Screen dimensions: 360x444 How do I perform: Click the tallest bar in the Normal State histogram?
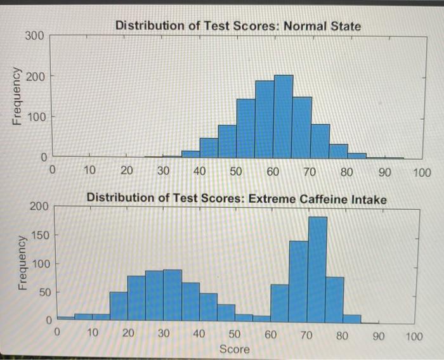283,117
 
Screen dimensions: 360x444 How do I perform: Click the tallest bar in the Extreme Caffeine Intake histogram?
317,269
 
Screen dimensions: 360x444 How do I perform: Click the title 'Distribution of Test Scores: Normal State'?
238,27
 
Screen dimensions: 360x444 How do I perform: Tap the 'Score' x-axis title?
234,349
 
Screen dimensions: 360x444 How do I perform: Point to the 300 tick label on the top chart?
35,36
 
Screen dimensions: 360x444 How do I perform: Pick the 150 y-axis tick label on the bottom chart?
38,235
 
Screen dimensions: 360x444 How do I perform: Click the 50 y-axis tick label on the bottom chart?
42,292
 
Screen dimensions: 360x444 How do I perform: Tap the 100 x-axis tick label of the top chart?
421,172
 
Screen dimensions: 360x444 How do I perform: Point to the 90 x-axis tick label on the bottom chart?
379,335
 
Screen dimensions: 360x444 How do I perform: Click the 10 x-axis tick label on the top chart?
89,172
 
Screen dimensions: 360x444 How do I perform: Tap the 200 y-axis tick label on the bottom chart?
38,207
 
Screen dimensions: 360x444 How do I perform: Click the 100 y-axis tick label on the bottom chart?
38,264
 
